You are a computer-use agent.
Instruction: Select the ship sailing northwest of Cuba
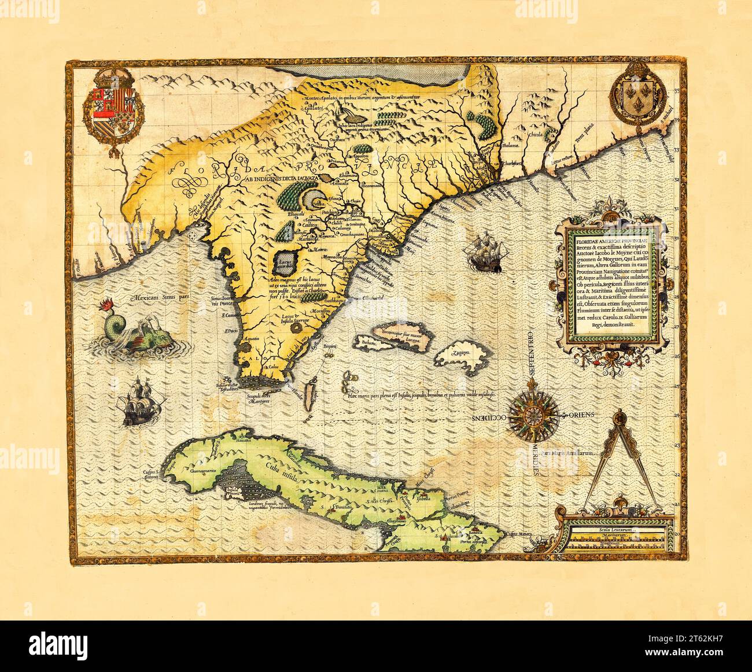pos(139,401)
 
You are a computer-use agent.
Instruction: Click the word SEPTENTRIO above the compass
pos(532,353)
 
